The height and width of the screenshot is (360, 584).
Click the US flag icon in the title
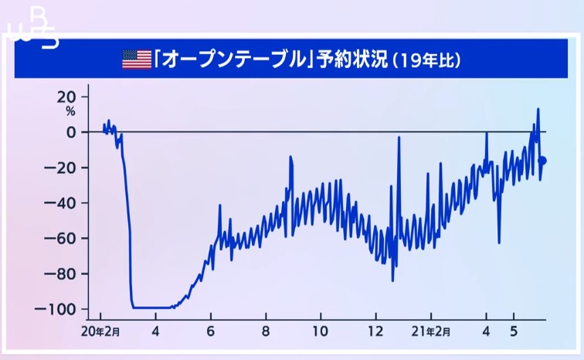point(137,59)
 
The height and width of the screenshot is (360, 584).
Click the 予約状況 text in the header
point(352,59)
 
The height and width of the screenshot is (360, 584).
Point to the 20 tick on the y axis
point(66,97)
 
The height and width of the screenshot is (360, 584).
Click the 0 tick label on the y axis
point(71,132)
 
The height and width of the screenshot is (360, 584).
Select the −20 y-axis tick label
point(60,168)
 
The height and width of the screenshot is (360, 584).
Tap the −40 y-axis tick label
point(60,203)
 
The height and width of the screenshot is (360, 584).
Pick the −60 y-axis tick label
point(60,238)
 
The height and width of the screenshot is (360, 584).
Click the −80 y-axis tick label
point(60,273)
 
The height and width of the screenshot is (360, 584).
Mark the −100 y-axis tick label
point(56,309)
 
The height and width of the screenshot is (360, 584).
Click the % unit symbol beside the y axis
point(70,111)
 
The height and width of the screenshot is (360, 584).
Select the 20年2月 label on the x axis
point(100,331)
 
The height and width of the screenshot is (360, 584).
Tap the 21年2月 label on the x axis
point(431,331)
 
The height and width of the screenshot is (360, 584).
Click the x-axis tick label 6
point(211,331)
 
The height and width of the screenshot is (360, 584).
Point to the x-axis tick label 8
point(266,331)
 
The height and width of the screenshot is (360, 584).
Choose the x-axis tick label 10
point(321,331)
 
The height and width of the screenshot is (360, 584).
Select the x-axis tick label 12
point(375,331)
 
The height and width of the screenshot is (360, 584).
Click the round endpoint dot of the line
point(542,161)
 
